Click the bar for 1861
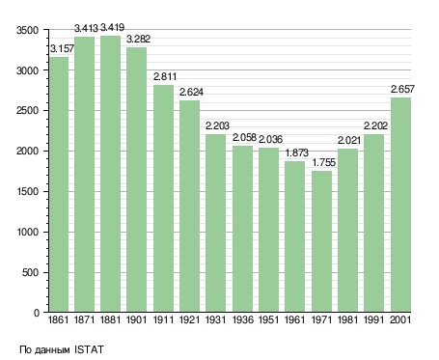click(x=59, y=184)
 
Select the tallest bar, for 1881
click(x=111, y=174)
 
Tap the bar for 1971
click(x=321, y=241)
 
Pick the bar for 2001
click(x=400, y=205)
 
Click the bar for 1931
click(x=215, y=223)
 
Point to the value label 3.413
click(x=86, y=28)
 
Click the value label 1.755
click(x=324, y=162)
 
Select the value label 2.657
click(x=402, y=89)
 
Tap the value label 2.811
click(x=165, y=76)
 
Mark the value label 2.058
click(x=244, y=137)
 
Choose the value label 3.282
click(x=138, y=39)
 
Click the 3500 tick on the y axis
click(x=27, y=30)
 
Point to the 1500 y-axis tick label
click(x=28, y=192)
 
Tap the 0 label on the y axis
click(x=37, y=313)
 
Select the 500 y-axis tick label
click(x=31, y=272)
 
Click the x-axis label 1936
click(x=243, y=319)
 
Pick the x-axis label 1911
click(x=163, y=319)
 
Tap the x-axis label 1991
click(x=374, y=319)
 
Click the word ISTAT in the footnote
click(x=89, y=349)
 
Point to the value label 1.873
click(x=297, y=152)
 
